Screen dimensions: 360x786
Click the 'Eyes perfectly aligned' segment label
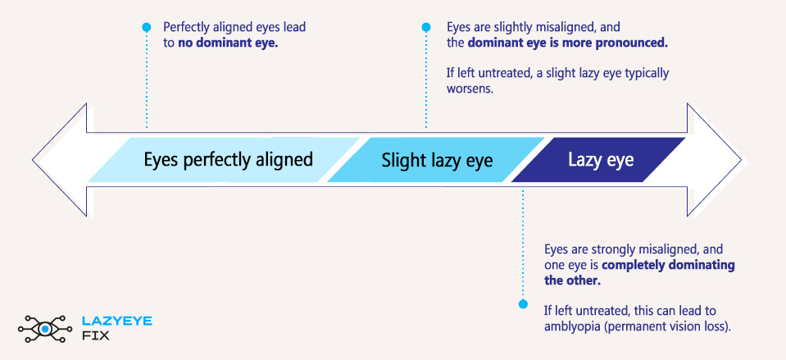228,159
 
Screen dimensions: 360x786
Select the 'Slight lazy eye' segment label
437,160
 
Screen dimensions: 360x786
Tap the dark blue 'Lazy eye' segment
601,159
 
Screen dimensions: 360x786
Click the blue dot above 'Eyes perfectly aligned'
147,27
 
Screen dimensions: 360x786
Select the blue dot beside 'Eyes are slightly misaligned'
426,27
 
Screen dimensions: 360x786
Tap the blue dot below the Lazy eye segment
522,304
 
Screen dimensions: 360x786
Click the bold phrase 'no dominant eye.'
228,43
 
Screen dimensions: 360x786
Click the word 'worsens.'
470,89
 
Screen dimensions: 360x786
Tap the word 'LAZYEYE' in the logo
117,321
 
